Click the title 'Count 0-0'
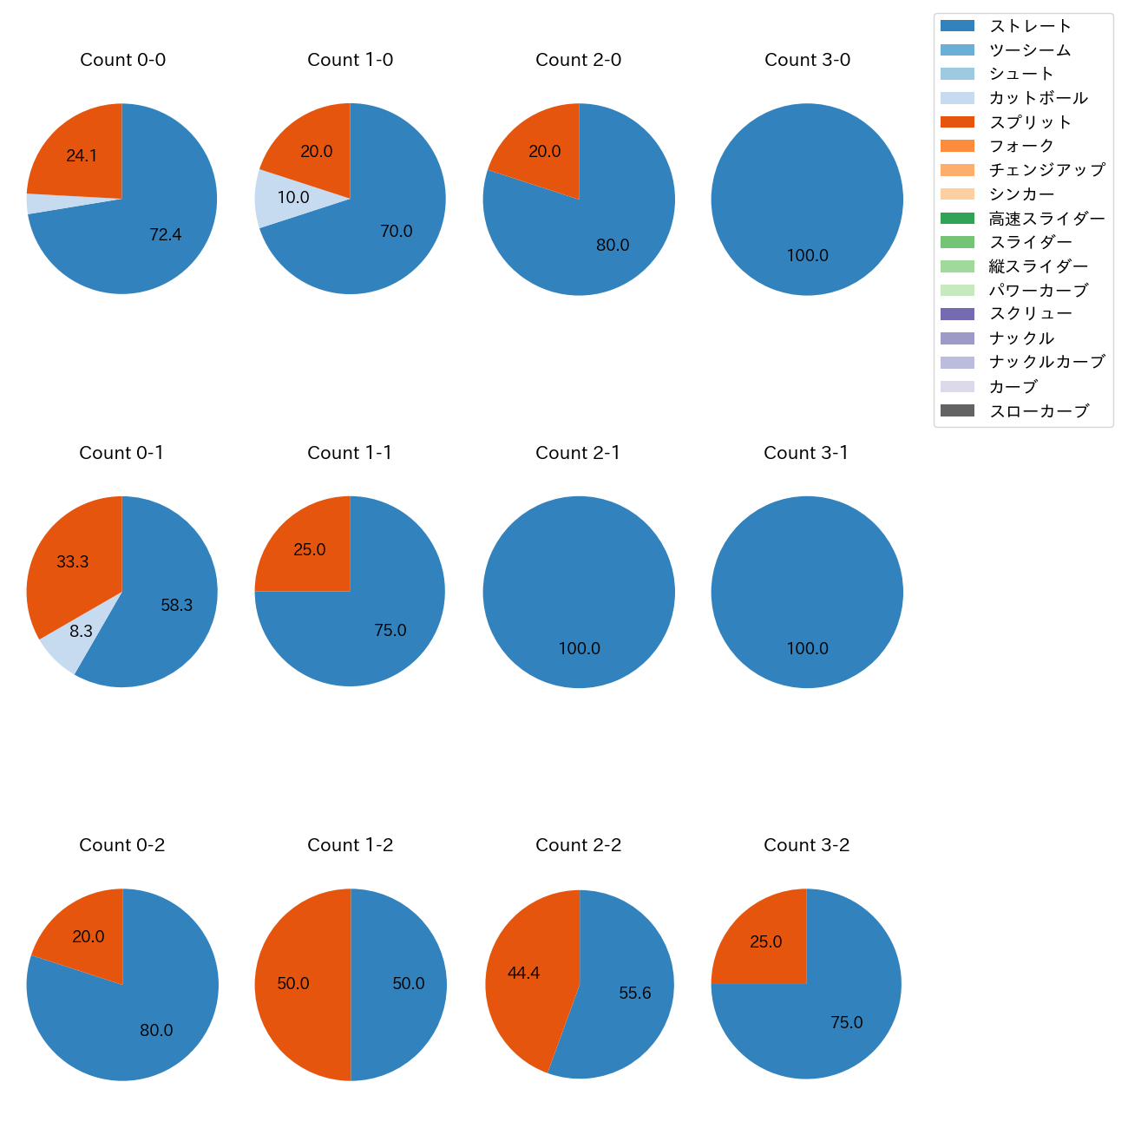(x=122, y=60)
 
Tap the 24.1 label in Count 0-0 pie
(x=82, y=156)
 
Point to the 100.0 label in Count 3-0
(x=807, y=256)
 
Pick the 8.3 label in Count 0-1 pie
(x=81, y=632)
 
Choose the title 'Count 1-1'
(x=350, y=453)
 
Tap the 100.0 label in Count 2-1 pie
(x=579, y=649)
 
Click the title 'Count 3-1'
(x=806, y=453)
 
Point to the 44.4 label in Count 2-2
(x=523, y=974)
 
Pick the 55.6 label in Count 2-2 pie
(x=634, y=994)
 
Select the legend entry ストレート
(x=1030, y=26)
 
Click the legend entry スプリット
(x=1030, y=122)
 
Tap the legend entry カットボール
(x=1038, y=98)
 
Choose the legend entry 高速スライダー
(x=1046, y=219)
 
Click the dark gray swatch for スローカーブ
(x=957, y=410)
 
